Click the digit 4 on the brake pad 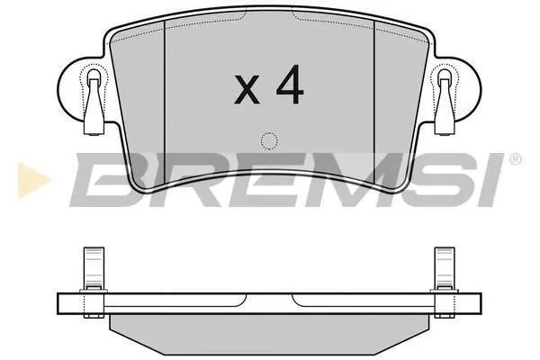pos(290,85)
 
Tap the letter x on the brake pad pos(247,89)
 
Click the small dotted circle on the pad pos(269,141)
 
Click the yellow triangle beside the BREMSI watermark pos(32,180)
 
